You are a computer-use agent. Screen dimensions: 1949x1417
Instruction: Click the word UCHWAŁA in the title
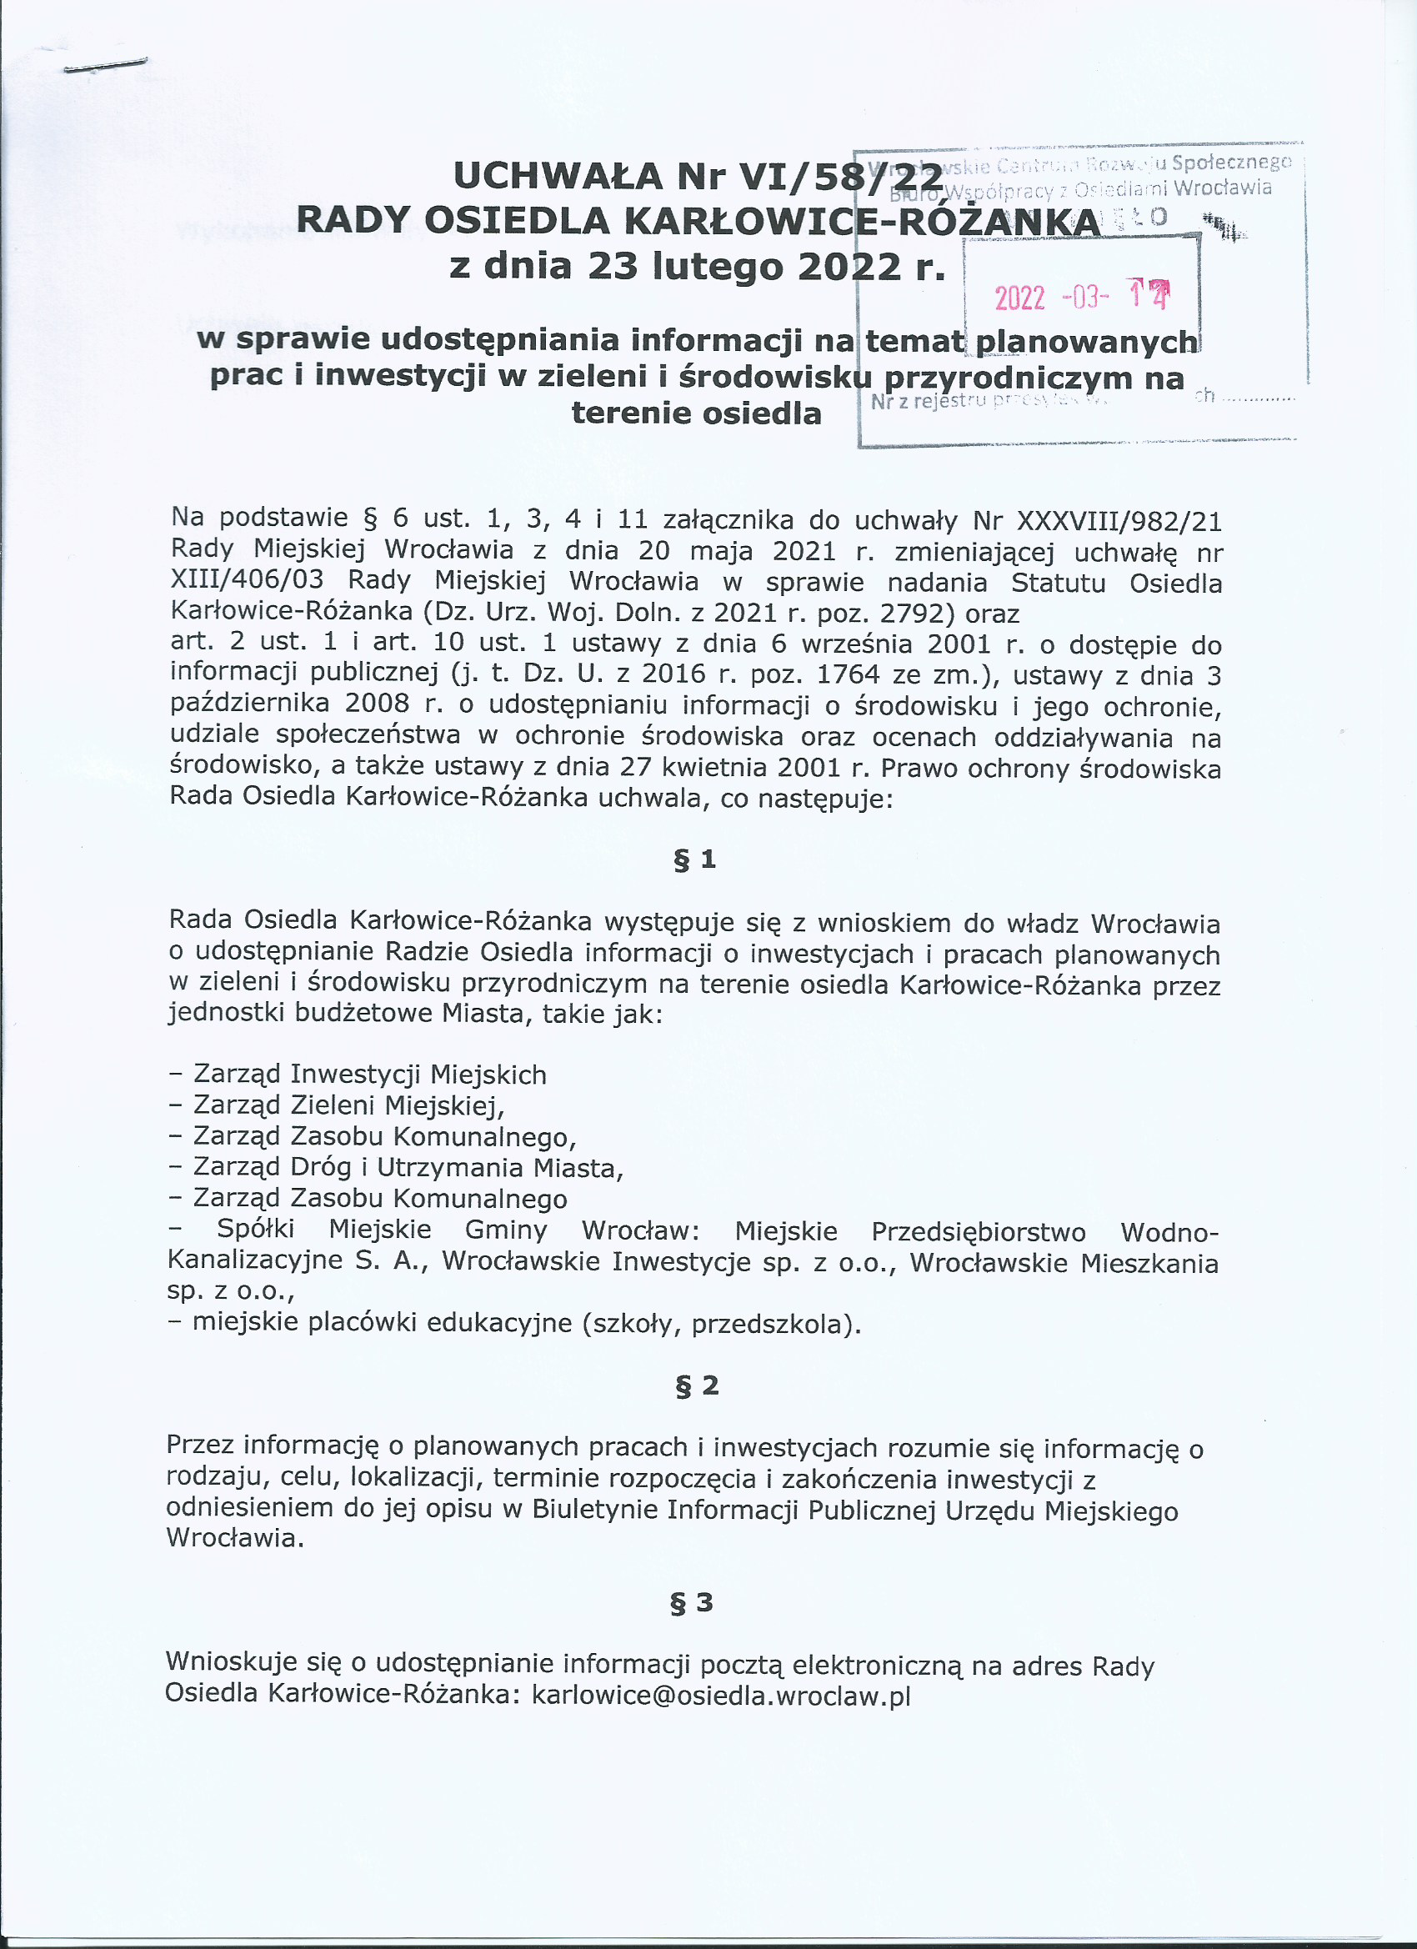[558, 177]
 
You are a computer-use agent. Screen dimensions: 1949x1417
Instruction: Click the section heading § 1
[694, 859]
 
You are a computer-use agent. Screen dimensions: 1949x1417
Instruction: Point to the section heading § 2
[696, 1385]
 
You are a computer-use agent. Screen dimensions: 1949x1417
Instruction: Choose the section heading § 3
[692, 1603]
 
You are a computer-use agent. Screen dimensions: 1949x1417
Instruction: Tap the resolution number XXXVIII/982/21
[1118, 522]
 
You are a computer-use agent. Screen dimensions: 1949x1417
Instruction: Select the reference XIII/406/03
[247, 582]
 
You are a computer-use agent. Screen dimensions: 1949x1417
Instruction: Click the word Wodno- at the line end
[1169, 1232]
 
